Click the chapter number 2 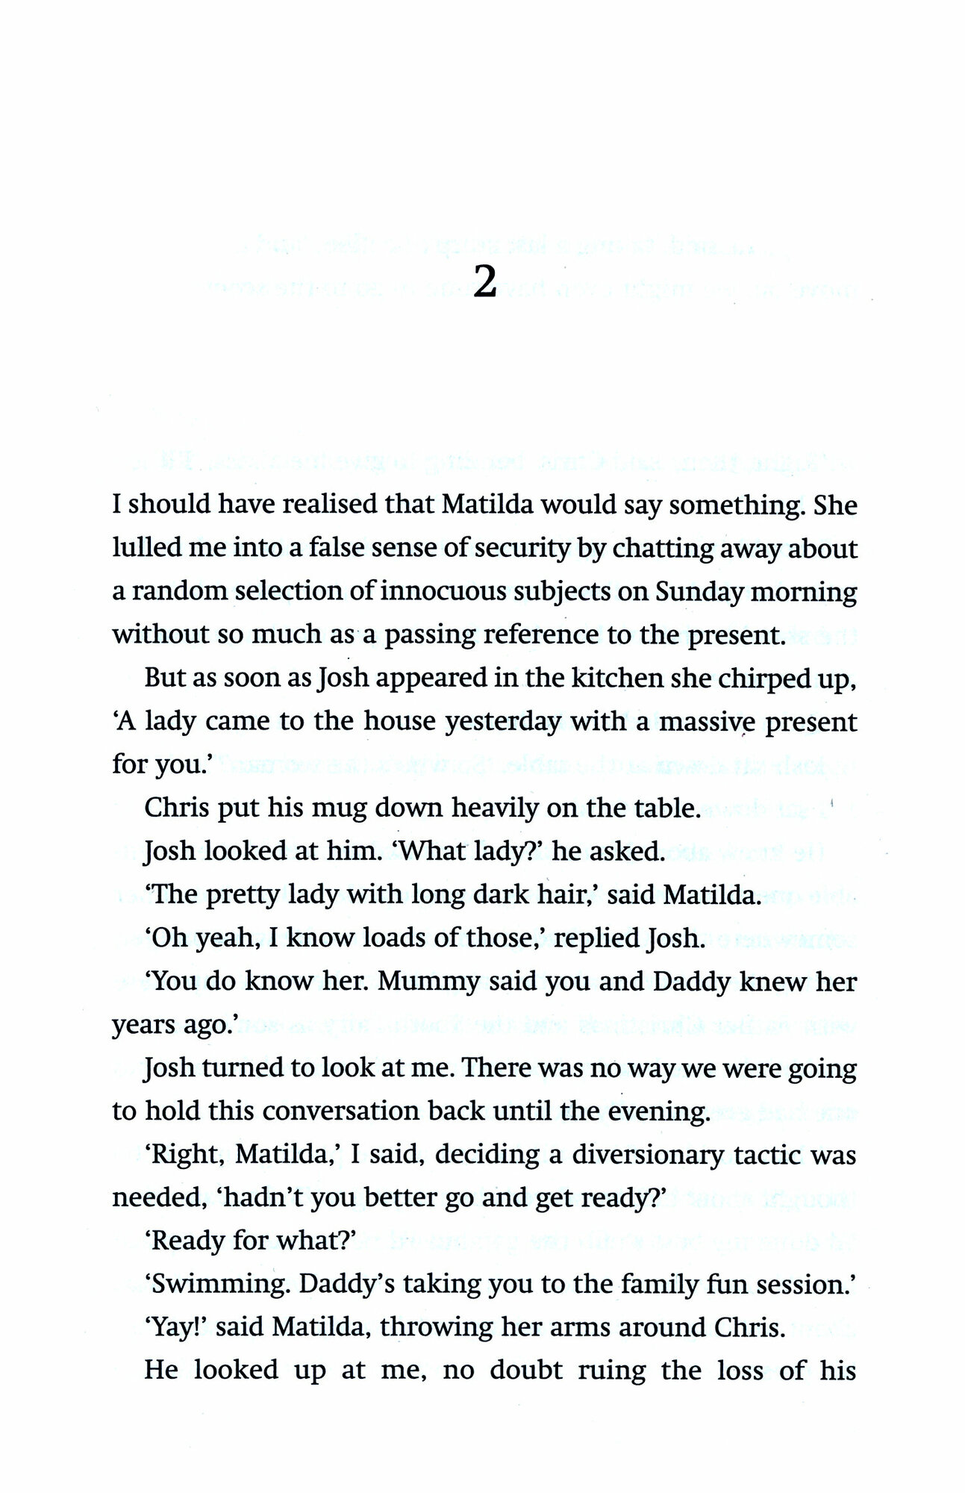tap(485, 283)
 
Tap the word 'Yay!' tap(174, 1328)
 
